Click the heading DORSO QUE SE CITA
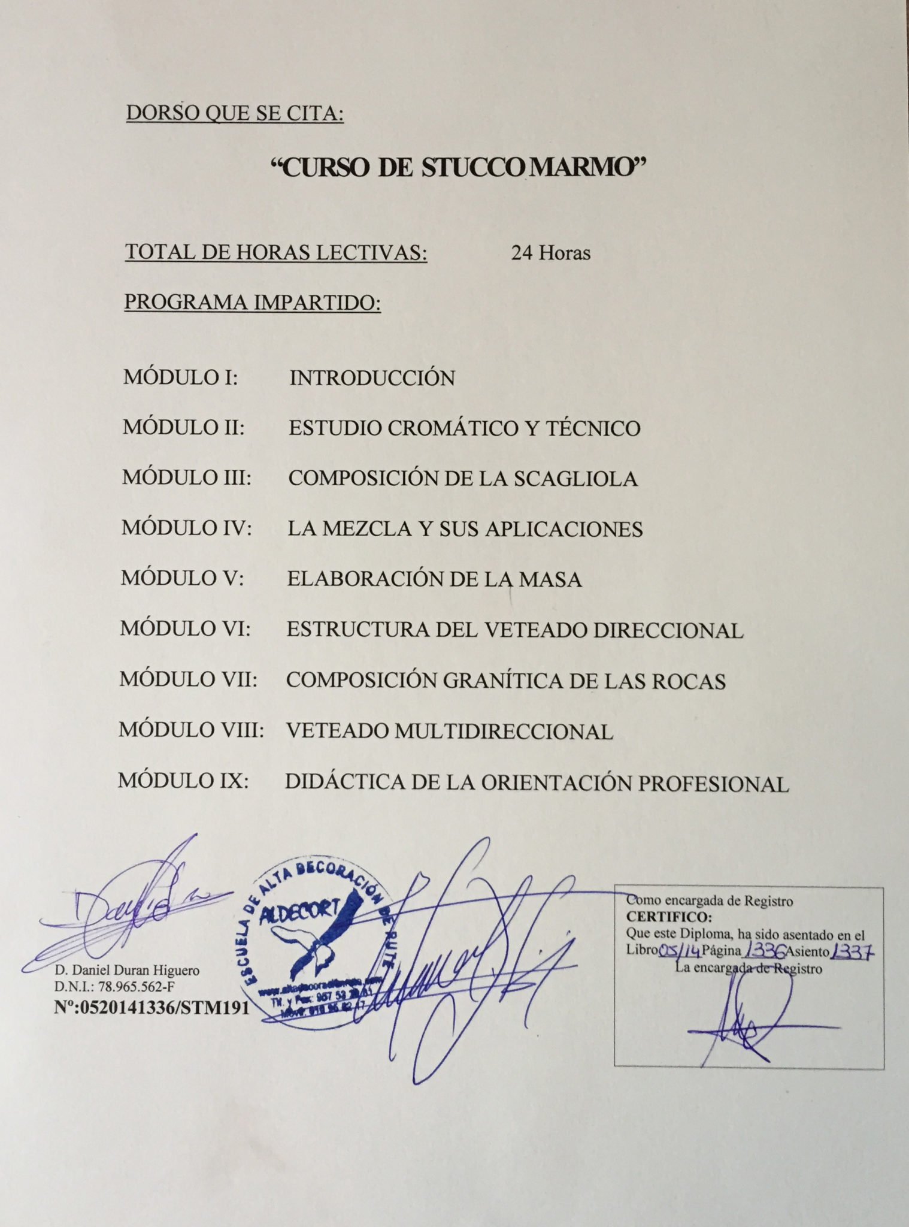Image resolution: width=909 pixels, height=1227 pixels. click(x=235, y=113)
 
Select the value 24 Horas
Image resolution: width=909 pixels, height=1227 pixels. click(x=550, y=253)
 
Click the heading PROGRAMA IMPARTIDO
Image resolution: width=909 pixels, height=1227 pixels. click(x=252, y=303)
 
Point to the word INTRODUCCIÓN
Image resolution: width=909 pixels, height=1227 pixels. click(x=372, y=378)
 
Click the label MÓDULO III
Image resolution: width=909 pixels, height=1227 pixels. click(x=186, y=477)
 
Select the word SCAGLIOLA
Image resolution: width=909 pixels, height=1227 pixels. click(x=575, y=479)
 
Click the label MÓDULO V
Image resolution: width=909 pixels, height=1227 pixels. click(x=182, y=578)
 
